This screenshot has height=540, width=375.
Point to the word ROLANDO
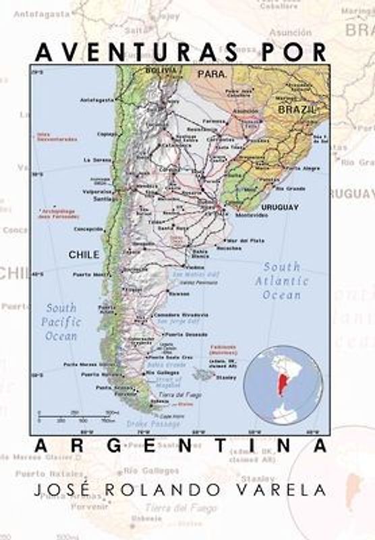[176, 491]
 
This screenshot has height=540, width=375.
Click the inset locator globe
[283, 385]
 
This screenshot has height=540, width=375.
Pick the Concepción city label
[89, 229]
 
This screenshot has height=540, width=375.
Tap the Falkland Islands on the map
[201, 373]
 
